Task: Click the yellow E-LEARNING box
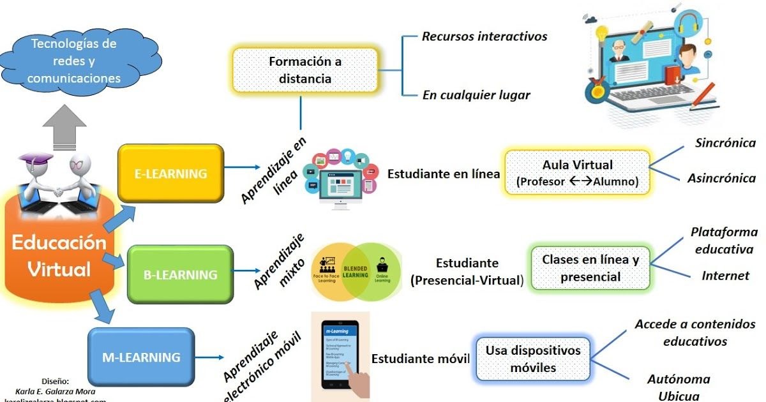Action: pyautogui.click(x=170, y=173)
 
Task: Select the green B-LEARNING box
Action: pyautogui.click(x=181, y=274)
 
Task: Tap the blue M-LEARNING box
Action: pyautogui.click(x=141, y=357)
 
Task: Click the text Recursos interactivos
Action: pyautogui.click(x=484, y=36)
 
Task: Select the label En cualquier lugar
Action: pyautogui.click(x=476, y=95)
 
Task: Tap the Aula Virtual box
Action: pyautogui.click(x=577, y=172)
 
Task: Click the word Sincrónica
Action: pyautogui.click(x=725, y=143)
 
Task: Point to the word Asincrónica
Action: pyautogui.click(x=721, y=178)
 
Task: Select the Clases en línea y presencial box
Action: pyautogui.click(x=590, y=268)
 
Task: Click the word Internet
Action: pyautogui.click(x=725, y=276)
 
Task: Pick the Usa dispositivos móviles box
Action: pyautogui.click(x=533, y=359)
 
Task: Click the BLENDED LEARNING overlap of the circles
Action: pyautogui.click(x=355, y=271)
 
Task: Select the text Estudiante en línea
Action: pyautogui.click(x=444, y=174)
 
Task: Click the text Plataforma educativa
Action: pyautogui.click(x=724, y=240)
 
